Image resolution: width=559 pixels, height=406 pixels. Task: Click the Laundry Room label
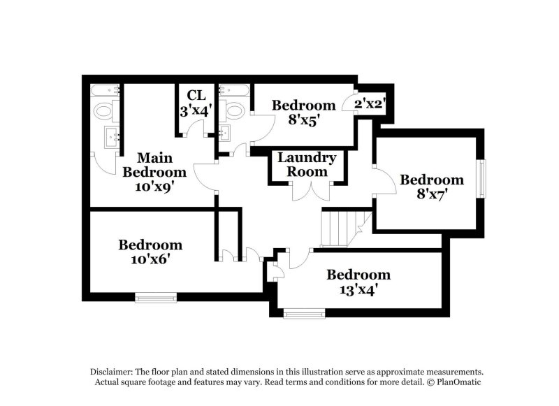tap(307, 164)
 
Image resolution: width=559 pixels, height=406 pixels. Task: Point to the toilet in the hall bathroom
tap(233, 110)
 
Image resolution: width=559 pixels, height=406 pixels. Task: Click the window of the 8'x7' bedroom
tap(481, 179)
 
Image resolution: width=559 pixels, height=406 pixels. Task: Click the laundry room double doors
tap(307, 191)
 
